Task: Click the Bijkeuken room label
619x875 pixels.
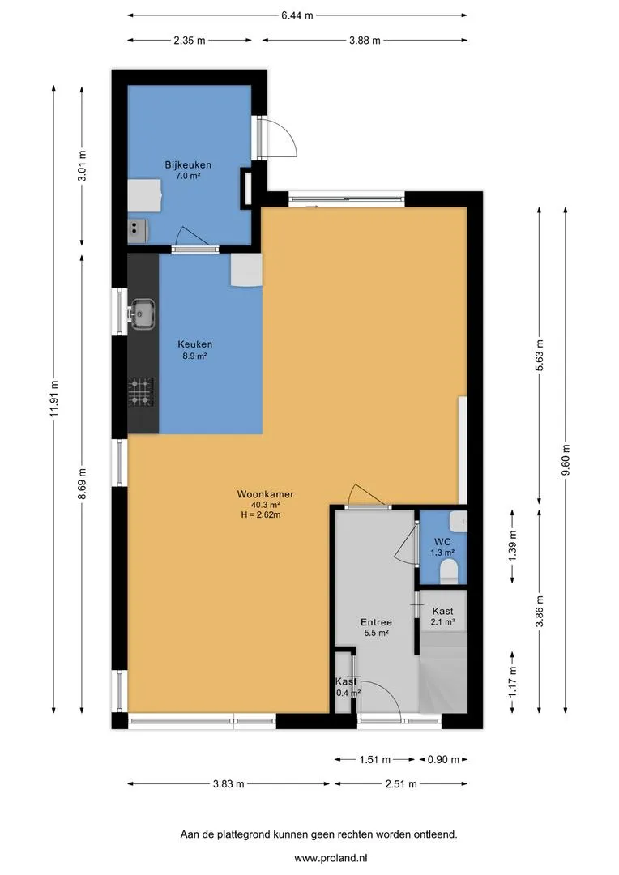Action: [187, 165]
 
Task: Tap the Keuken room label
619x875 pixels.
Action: [194, 344]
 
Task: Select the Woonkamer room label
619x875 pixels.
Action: [265, 494]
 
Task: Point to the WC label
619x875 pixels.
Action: [442, 542]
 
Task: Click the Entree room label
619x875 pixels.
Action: [376, 622]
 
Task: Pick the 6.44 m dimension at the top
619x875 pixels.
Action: [297, 15]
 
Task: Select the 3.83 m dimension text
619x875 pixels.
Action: [228, 784]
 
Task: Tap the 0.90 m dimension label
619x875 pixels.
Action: [444, 759]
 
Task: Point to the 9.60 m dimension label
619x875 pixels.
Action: [566, 460]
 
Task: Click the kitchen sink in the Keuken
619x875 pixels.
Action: [143, 314]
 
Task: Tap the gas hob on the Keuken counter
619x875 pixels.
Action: [141, 392]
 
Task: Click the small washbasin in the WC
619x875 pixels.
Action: [459, 521]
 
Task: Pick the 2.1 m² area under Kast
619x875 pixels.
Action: [442, 621]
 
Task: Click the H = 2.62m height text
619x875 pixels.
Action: [261, 515]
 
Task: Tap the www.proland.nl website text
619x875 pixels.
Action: [331, 858]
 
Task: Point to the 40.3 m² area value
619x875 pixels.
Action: [266, 505]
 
